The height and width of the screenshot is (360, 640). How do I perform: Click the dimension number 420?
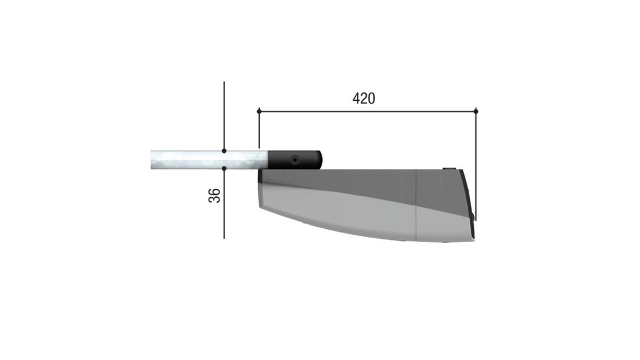[364, 99]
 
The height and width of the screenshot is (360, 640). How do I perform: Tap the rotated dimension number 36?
[214, 196]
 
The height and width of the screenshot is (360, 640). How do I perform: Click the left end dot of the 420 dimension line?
[259, 111]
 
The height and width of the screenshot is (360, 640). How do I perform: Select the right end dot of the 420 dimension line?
[476, 111]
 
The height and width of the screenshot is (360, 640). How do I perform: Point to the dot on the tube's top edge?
[224, 150]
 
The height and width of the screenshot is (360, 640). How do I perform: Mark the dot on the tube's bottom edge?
[224, 169]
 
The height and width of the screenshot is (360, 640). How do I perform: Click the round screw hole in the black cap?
[295, 160]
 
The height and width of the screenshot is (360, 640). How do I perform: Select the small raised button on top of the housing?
[449, 169]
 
